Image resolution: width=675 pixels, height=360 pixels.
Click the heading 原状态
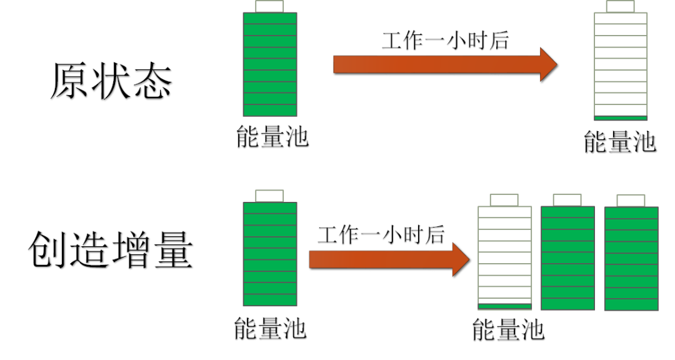(x=111, y=81)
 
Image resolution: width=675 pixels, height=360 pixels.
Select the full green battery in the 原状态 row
(x=269, y=64)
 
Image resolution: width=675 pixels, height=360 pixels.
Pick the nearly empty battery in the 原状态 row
(x=620, y=66)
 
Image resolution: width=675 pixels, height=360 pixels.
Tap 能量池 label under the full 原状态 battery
(x=272, y=137)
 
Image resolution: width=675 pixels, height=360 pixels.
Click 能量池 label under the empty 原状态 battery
(x=619, y=142)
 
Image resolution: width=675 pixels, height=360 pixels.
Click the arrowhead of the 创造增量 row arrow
(x=461, y=258)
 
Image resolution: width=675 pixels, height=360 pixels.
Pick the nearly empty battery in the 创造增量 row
(x=504, y=257)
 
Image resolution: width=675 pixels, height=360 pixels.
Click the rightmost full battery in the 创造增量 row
(x=631, y=258)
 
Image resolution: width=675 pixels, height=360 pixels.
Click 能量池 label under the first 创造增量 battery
(x=270, y=328)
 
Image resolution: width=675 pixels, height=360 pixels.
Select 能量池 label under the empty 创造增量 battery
(x=507, y=329)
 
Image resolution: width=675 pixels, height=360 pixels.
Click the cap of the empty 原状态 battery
(x=620, y=6)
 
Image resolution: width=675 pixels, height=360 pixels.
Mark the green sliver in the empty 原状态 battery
(x=620, y=117)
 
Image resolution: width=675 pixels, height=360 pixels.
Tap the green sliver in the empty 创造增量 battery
(x=504, y=306)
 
